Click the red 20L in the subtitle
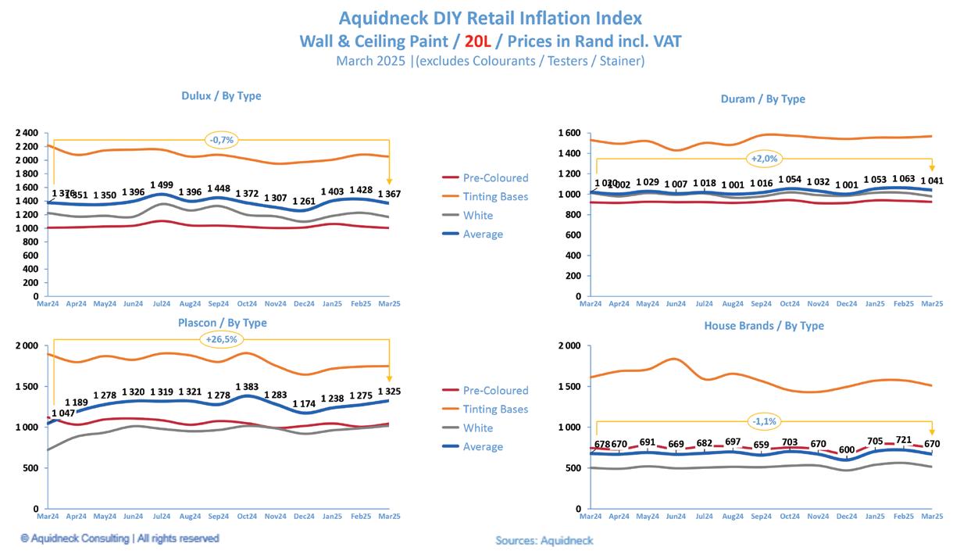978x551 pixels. tap(477, 40)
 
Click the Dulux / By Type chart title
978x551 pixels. tap(221, 96)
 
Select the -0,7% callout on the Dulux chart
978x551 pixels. tap(222, 140)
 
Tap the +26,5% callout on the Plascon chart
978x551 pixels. tap(222, 339)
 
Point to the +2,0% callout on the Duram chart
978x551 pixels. tap(765, 159)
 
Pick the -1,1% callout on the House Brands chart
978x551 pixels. tap(764, 421)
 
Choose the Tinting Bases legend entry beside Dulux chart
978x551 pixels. tap(495, 197)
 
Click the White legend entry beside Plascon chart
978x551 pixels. tap(477, 428)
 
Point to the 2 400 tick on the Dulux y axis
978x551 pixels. tap(26, 133)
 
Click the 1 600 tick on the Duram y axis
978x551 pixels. tap(569, 134)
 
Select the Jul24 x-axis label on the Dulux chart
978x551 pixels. tap(161, 303)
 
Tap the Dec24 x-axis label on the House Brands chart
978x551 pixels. tap(847, 516)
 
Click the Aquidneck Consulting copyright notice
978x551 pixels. tap(120, 538)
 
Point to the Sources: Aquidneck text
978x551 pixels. tap(544, 540)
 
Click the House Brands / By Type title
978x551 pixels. tap(764, 326)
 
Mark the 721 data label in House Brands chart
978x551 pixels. tap(903, 440)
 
